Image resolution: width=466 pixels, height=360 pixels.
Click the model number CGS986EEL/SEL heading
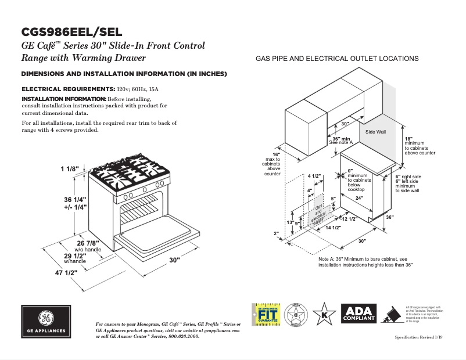[72, 32]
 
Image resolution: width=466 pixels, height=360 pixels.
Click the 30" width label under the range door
[174, 261]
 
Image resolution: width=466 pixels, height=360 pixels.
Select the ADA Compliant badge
[359, 314]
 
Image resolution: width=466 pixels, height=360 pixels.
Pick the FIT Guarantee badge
[266, 315]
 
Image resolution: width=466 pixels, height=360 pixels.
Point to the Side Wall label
[375, 132]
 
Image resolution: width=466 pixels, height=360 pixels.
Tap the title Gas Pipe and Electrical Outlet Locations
[337, 59]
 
